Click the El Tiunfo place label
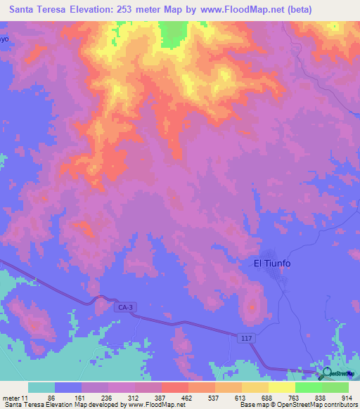272,264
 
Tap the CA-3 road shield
124,307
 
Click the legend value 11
26,398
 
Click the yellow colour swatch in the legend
281,387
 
